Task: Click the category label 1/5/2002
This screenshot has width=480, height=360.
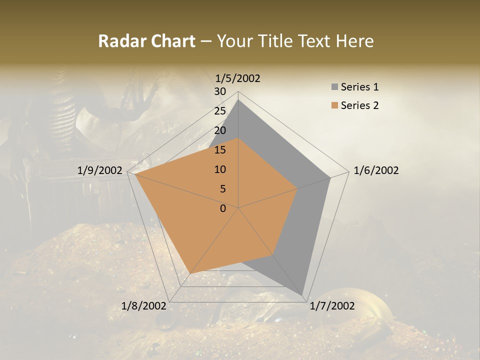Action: [238, 78]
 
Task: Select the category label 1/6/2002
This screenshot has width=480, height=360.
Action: [376, 170]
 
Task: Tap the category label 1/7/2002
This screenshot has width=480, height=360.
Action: [332, 306]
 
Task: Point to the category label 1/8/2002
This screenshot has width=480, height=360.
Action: [143, 306]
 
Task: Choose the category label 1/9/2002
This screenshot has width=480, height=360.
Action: [99, 170]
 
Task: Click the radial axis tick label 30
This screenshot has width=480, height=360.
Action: [219, 91]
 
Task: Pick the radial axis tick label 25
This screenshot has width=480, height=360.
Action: [219, 111]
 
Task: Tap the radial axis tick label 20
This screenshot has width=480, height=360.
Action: [219, 130]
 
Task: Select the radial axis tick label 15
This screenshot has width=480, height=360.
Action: [219, 150]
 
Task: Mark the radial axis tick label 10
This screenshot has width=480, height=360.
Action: [219, 169]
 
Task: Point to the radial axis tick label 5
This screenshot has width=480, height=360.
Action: [222, 189]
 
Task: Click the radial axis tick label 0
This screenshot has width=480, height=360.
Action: [223, 208]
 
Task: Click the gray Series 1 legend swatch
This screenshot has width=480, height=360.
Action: [334, 87]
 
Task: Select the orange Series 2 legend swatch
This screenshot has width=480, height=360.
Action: [334, 105]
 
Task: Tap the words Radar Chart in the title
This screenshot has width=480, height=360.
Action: [146, 41]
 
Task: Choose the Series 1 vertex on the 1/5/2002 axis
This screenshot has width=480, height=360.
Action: [238, 99]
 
